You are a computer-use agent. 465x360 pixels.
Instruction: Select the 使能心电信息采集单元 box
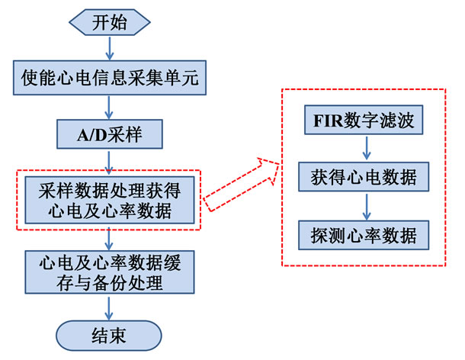pos(110,78)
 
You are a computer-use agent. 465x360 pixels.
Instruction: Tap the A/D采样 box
pos(110,136)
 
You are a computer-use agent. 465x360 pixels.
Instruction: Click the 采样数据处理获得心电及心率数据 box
pos(110,199)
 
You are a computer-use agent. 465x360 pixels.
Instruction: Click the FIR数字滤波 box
pos(364,123)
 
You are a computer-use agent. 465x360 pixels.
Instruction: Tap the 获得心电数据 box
pos(364,178)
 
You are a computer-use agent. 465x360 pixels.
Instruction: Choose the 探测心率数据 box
pos(364,233)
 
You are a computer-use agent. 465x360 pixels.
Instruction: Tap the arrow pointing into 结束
pos(110,308)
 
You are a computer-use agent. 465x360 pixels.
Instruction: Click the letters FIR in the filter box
pos(327,123)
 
